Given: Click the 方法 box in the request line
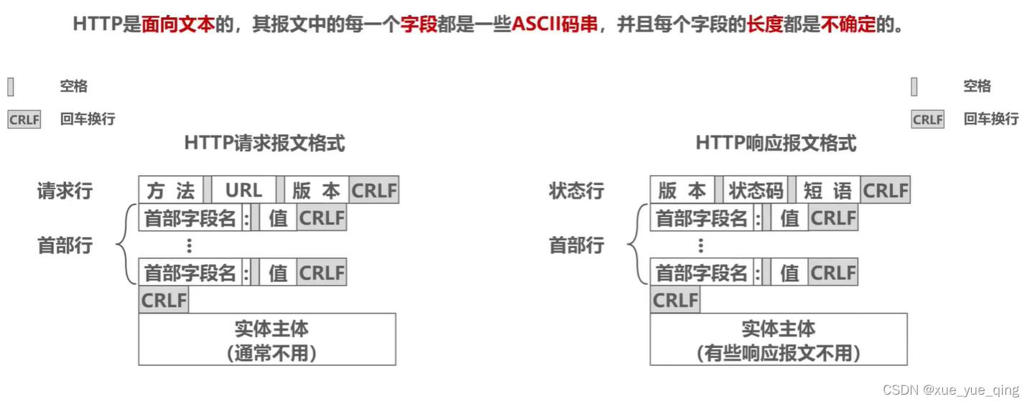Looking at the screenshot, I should coord(171,191).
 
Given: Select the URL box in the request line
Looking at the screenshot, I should coord(243,191).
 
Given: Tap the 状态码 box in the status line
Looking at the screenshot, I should coord(755,191).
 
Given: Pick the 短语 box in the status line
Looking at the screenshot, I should coord(827,191).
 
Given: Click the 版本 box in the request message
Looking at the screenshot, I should coord(316,191).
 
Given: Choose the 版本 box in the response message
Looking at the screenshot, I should coord(682,191).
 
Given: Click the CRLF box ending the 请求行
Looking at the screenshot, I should coord(374,191).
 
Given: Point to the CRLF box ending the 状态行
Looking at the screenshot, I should coord(886,191).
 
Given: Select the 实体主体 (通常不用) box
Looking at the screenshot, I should coord(267,339).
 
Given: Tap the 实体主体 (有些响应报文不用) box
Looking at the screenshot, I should coord(779,339).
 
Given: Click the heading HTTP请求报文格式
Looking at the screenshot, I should coord(264,144).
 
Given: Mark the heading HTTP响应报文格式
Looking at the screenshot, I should coord(776,144).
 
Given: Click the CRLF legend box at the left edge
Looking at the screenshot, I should coord(24,120).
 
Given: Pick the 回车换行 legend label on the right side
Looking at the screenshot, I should coord(990,119).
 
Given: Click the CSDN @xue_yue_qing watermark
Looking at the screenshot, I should coord(950,390).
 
